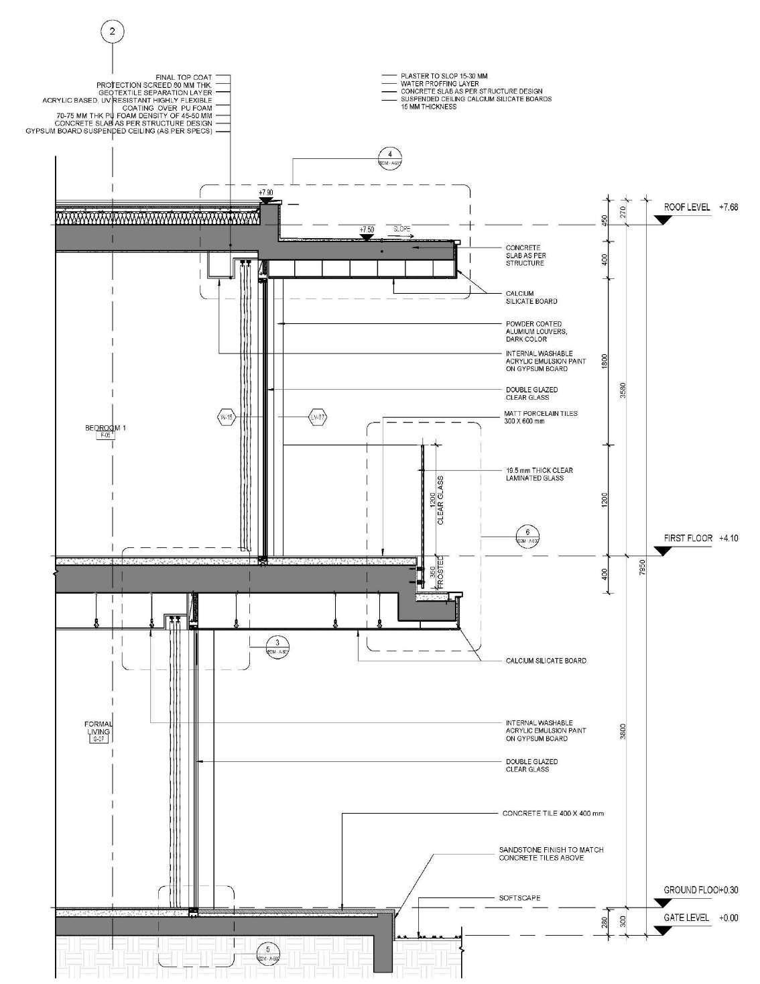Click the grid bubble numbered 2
pos(113,31)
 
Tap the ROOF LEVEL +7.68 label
pos(700,208)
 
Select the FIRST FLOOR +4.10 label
pos(700,538)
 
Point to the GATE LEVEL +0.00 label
pos(700,918)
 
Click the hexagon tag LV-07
pos(319,417)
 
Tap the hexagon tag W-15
pos(228,417)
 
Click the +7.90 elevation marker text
pos(266,193)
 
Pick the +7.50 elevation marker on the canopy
pos(365,230)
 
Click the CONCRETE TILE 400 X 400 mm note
pos(553,814)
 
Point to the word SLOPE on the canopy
pos(401,229)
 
